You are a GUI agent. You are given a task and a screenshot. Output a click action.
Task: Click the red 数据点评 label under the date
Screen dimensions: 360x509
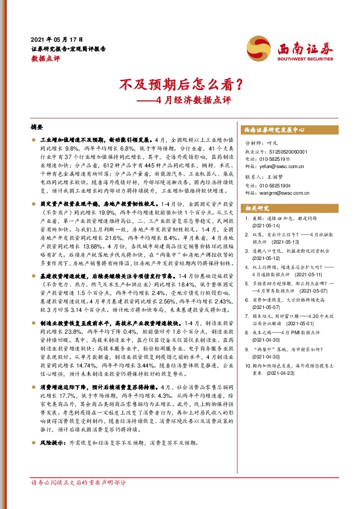coord(45,59)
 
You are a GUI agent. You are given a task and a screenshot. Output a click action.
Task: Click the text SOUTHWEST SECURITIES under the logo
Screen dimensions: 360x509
coord(299,59)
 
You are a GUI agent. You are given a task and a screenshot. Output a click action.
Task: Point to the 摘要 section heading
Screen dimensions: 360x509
coord(37,128)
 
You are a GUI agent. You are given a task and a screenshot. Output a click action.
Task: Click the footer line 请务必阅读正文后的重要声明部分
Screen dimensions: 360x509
coord(79,483)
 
